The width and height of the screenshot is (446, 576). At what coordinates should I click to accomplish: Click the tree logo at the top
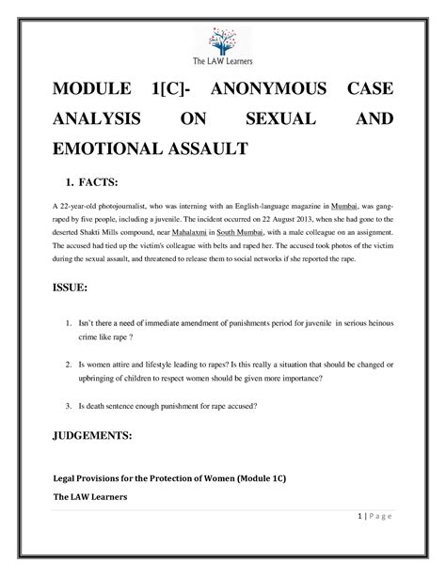click(222, 39)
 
